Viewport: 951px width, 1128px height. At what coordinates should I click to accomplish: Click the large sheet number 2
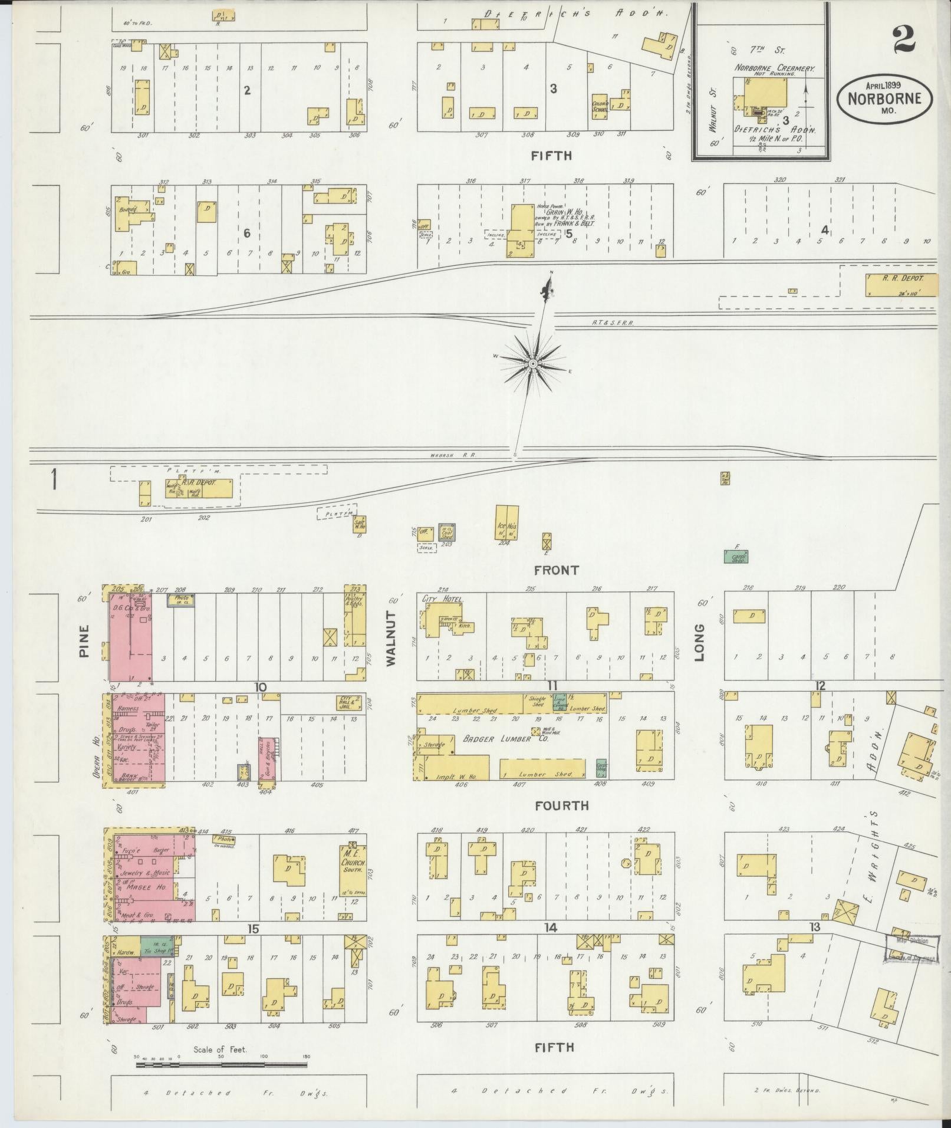(903, 40)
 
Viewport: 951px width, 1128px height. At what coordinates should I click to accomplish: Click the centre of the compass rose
(533, 364)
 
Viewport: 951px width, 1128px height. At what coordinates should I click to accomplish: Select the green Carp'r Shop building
(735, 556)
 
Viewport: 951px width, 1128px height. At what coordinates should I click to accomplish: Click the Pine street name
(82, 642)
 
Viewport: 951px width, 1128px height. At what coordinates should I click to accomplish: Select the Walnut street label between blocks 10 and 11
(391, 638)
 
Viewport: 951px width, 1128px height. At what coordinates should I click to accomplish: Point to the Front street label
(556, 570)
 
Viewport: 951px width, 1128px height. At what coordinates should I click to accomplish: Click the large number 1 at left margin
(54, 479)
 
